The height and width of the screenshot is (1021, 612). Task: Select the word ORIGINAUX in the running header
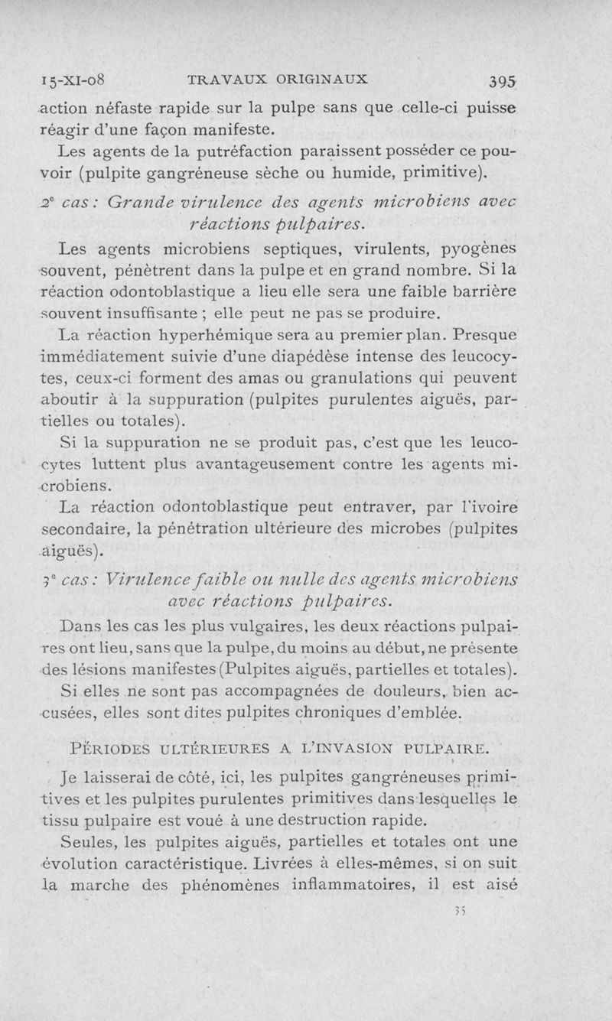(322, 79)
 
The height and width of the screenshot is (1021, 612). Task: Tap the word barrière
(477, 293)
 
